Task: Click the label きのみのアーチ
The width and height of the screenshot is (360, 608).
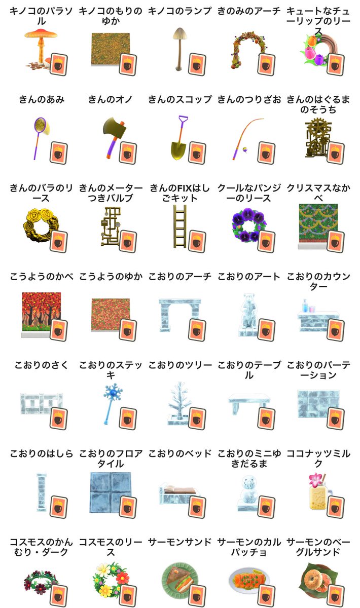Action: pos(249,11)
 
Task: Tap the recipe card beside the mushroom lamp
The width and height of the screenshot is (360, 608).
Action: pos(197,64)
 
